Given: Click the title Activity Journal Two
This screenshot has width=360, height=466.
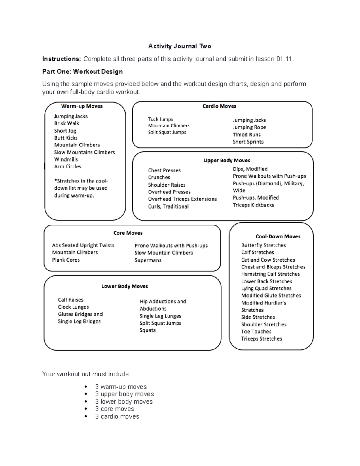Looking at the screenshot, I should [180, 46].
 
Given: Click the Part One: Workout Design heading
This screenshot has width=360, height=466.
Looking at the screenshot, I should [82, 71].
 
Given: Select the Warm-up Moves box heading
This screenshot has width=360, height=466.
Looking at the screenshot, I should [82, 106].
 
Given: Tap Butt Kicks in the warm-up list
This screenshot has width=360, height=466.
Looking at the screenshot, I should [66, 138].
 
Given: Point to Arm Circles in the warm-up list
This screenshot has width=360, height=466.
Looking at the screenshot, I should [67, 166].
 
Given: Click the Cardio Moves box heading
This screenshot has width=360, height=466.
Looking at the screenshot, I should [219, 106].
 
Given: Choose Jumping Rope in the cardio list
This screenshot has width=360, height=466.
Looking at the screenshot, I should [249, 127].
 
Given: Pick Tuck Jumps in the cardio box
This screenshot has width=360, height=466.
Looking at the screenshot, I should [160, 119].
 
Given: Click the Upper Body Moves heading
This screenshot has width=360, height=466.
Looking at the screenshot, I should [227, 161].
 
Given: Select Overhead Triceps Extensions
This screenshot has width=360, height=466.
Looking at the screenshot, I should [182, 199].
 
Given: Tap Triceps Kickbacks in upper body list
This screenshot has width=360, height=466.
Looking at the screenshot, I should [253, 205].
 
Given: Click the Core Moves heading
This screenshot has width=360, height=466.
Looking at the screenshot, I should [128, 233].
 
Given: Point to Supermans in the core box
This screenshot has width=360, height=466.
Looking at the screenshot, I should [148, 260].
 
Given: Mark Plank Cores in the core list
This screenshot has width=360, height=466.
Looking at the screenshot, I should [66, 260].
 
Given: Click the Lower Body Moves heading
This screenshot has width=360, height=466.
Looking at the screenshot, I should [125, 286].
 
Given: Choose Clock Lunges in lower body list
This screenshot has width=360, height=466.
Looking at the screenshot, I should [73, 307].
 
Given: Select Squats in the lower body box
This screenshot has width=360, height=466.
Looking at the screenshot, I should [148, 330].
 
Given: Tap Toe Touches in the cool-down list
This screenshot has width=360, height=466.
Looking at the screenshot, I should [256, 332].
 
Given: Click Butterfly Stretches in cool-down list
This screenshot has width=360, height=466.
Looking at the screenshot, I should [264, 245].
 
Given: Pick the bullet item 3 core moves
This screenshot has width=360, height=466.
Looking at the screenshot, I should [115, 409].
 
